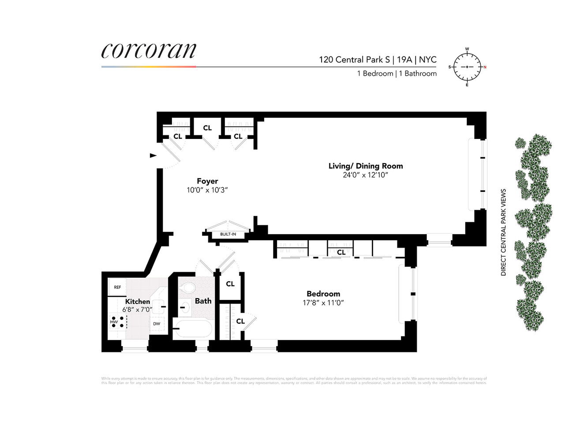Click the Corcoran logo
[x=149, y=51]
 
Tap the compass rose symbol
[x=467, y=67]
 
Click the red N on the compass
[x=485, y=67]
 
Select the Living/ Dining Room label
[x=366, y=166]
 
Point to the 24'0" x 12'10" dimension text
[x=365, y=175]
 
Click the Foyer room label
[x=207, y=181]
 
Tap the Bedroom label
[x=323, y=294]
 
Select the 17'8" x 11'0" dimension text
[x=323, y=303]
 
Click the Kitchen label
[x=137, y=301]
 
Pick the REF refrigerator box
[x=117, y=287]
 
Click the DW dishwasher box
[x=157, y=324]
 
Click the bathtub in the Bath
[x=193, y=329]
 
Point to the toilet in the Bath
[x=188, y=288]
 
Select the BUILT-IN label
[x=228, y=234]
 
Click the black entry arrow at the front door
[x=153, y=155]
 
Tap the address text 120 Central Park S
[x=355, y=60]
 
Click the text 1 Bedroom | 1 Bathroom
[x=397, y=74]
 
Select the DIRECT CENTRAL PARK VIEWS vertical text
[x=503, y=232]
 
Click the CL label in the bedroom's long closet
[x=341, y=252]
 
